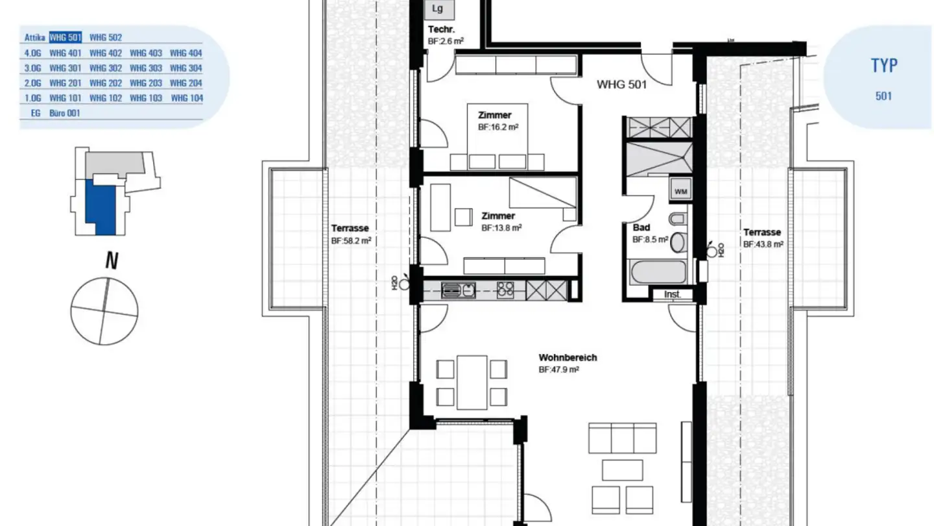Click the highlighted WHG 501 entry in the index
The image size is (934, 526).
point(66,37)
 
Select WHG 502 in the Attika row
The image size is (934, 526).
point(106,38)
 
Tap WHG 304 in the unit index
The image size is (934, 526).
point(186,68)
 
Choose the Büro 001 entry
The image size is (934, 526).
point(65,113)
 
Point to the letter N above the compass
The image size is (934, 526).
point(112,260)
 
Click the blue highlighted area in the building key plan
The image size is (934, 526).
point(101,207)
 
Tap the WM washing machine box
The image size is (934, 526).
point(680,191)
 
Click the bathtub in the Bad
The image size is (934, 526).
point(658,272)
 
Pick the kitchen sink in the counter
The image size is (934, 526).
point(458,290)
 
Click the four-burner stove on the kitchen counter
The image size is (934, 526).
point(505,290)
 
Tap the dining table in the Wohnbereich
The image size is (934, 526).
point(472,382)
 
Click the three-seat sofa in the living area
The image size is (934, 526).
point(623,438)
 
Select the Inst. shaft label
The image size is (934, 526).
point(672,294)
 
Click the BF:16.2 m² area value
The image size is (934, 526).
point(498,127)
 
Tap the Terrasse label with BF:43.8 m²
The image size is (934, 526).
point(762,232)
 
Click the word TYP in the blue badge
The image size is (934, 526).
point(884,66)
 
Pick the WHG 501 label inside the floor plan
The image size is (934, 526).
point(621,84)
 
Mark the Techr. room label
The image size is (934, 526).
point(441,30)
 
